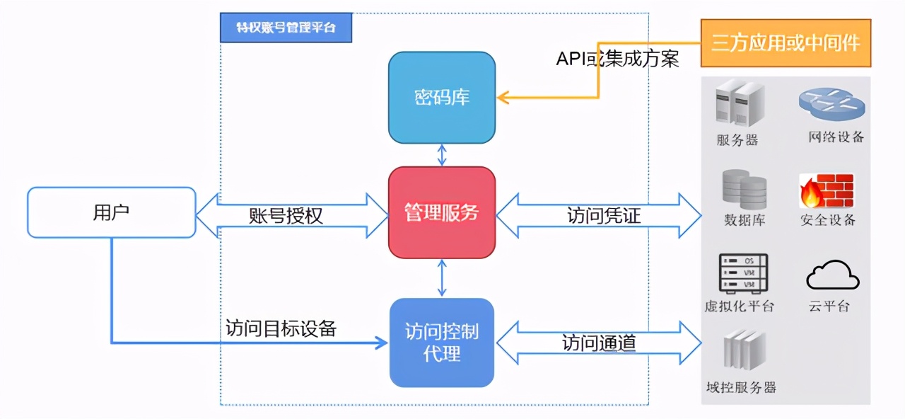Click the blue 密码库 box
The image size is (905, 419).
[442, 97]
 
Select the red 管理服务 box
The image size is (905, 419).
[442, 212]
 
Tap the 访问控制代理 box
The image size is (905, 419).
[442, 343]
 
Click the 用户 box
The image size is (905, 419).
[111, 212]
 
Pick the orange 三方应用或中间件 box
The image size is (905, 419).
[786, 43]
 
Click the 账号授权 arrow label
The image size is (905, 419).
[286, 215]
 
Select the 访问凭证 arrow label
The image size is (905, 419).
[604, 215]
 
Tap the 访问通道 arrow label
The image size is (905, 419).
[599, 343]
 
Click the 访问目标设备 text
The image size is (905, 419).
[281, 328]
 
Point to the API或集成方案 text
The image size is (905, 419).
[617, 58]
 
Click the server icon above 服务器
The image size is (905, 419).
[739, 104]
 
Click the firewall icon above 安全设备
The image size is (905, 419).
[827, 190]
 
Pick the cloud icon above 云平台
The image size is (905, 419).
[833, 276]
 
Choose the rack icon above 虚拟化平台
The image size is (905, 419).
[742, 274]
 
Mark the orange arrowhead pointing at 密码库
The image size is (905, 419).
[503, 97]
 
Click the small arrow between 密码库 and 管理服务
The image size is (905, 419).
[442, 155]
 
